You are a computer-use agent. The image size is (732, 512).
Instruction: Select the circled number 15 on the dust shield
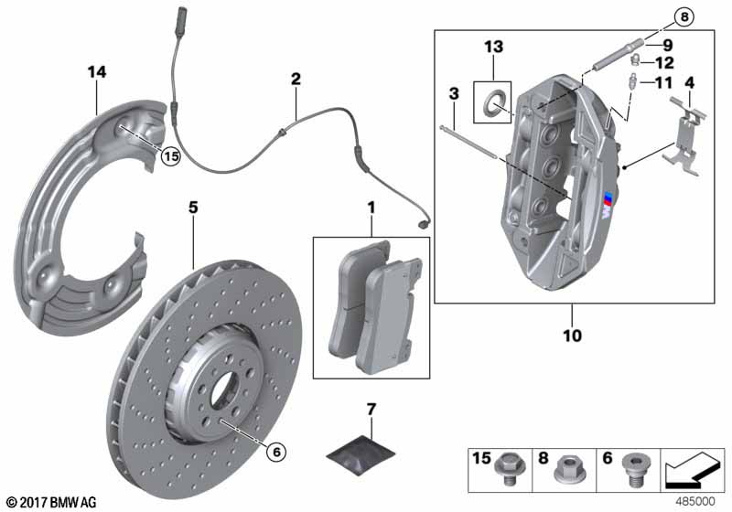tap(170, 156)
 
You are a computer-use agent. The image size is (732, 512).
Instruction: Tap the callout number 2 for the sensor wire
tap(295, 80)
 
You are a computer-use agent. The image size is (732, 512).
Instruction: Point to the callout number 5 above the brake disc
tap(193, 208)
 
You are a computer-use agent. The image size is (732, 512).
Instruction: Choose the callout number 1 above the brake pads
tap(371, 208)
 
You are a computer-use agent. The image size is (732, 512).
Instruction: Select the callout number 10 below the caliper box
tap(572, 336)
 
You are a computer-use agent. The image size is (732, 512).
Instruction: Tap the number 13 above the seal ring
tap(493, 47)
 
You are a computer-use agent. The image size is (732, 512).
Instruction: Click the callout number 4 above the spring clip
tap(690, 83)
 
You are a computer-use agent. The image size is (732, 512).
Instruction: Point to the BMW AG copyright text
tap(50, 502)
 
